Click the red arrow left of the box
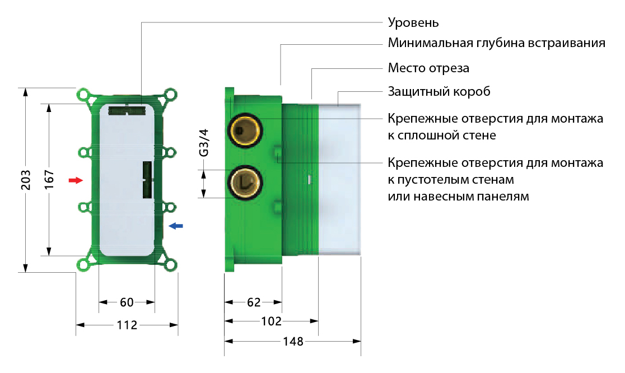75,180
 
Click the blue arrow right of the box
175,226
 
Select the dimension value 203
25,180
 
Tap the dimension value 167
49,180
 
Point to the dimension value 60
127,302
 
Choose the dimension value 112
127,325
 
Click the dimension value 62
254,302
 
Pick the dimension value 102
271,321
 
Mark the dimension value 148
292,341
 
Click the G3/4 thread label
204,143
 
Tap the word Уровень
413,23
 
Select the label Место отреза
428,68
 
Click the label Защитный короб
439,91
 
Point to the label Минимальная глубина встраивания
496,44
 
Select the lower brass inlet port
244,181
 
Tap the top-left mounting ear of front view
84,95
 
